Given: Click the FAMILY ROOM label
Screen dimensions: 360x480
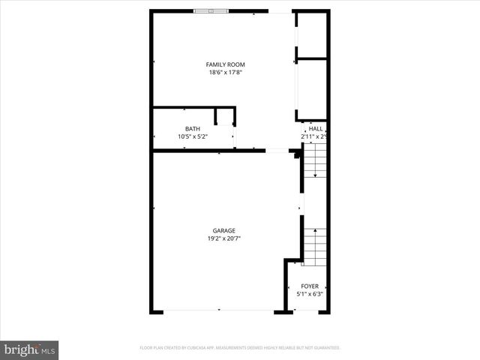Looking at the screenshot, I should (226, 64).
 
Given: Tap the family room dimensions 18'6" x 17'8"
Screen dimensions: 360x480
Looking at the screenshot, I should (226, 73).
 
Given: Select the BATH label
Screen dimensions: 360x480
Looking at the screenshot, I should (193, 129).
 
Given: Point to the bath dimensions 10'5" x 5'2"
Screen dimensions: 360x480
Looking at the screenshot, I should (193, 137).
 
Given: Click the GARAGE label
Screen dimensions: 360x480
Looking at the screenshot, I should (224, 231).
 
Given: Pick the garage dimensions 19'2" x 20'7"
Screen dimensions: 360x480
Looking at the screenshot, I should (224, 239).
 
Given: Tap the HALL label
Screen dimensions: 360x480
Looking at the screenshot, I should (315, 129).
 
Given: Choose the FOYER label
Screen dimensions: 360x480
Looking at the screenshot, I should (310, 286).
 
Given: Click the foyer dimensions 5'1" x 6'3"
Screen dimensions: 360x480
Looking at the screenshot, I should (310, 295).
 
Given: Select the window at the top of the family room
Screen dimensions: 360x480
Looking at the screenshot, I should (211, 11).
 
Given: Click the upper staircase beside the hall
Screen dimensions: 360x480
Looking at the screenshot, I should (315, 161).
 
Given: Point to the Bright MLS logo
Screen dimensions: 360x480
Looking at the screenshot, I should (29, 349).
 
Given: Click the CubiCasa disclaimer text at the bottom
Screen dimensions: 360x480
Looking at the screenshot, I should (240, 348).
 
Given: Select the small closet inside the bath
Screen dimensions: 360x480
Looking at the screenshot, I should (225, 117).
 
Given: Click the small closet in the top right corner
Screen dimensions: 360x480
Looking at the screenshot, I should (312, 34).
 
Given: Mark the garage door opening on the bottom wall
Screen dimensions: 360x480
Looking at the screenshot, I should (217, 310).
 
